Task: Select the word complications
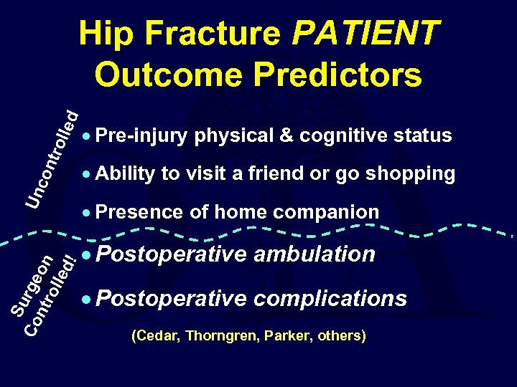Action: pos(331,298)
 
